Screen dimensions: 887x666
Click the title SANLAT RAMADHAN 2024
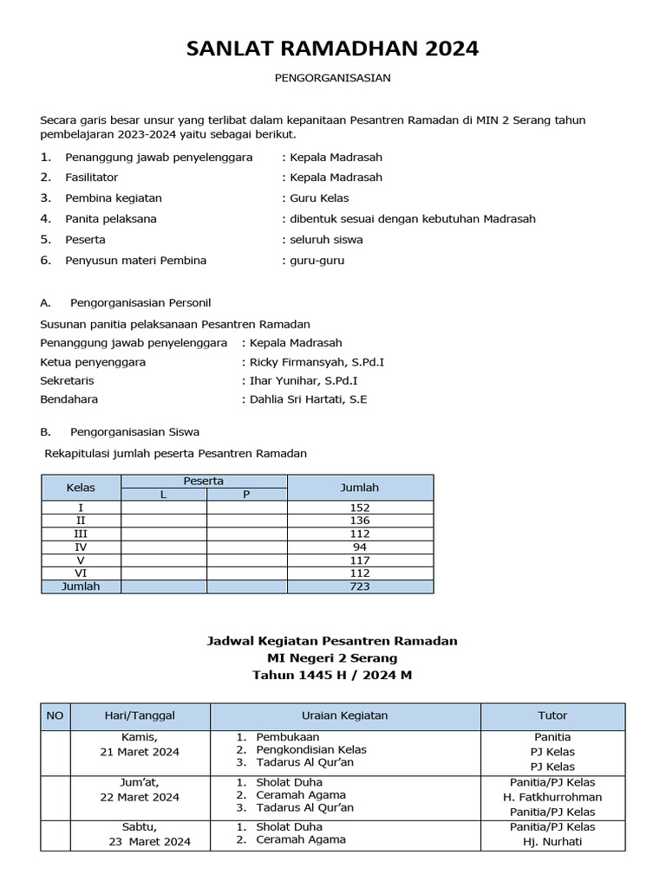(x=332, y=49)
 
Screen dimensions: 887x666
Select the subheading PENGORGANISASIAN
(x=332, y=78)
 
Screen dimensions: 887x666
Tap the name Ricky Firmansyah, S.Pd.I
(x=317, y=362)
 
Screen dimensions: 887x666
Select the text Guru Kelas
(x=320, y=198)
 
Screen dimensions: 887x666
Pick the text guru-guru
(x=317, y=261)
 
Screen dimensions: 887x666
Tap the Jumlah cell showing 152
(x=360, y=508)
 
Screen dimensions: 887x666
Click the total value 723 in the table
(x=360, y=586)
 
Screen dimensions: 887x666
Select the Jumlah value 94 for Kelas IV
(x=360, y=547)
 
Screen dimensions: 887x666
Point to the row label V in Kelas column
(x=81, y=560)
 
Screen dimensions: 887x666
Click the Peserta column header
(x=204, y=481)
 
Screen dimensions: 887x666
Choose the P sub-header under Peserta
(x=246, y=495)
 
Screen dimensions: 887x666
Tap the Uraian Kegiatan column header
(x=344, y=715)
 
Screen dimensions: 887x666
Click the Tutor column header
(x=552, y=715)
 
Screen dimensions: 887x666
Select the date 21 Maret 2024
(x=140, y=752)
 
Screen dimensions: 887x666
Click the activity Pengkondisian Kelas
(x=310, y=749)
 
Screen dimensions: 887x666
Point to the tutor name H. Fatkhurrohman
(x=552, y=797)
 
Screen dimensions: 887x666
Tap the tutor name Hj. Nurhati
(x=552, y=841)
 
